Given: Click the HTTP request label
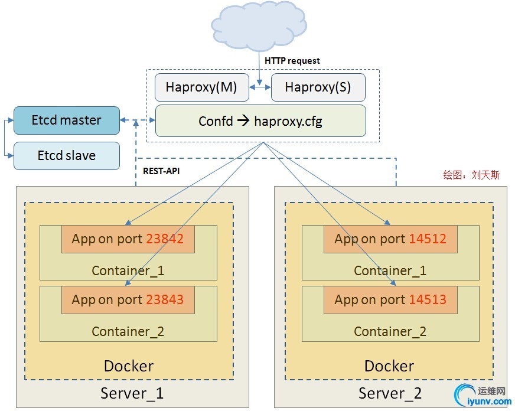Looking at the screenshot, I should (x=292, y=61).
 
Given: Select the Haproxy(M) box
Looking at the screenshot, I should (x=201, y=87).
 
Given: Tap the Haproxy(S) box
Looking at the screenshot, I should (x=318, y=87).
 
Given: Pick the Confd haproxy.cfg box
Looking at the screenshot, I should (x=260, y=121).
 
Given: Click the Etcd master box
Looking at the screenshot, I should (x=66, y=120).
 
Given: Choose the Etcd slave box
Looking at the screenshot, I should (x=66, y=156).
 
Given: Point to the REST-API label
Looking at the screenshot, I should (x=161, y=172).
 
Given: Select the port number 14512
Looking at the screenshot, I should (x=426, y=239).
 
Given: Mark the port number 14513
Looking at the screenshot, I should (x=426, y=300).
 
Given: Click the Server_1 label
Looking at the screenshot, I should (x=132, y=393).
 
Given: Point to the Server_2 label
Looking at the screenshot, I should (x=390, y=393).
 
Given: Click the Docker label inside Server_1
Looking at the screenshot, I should (x=129, y=366).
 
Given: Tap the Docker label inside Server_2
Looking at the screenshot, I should (x=389, y=366).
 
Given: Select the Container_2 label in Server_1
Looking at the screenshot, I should (x=128, y=331).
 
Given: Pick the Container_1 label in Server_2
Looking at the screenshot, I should (x=390, y=271).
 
